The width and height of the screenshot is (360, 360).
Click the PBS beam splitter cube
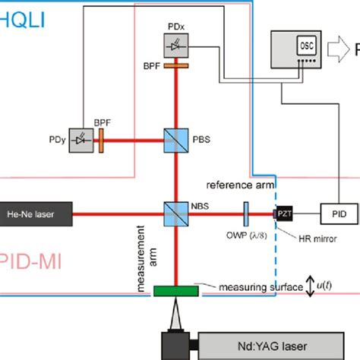[175, 139]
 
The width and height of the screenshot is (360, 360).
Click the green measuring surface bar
[175, 289]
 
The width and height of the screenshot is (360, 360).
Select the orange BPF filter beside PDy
[101, 139]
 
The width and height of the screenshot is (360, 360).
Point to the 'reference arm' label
[238, 185]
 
